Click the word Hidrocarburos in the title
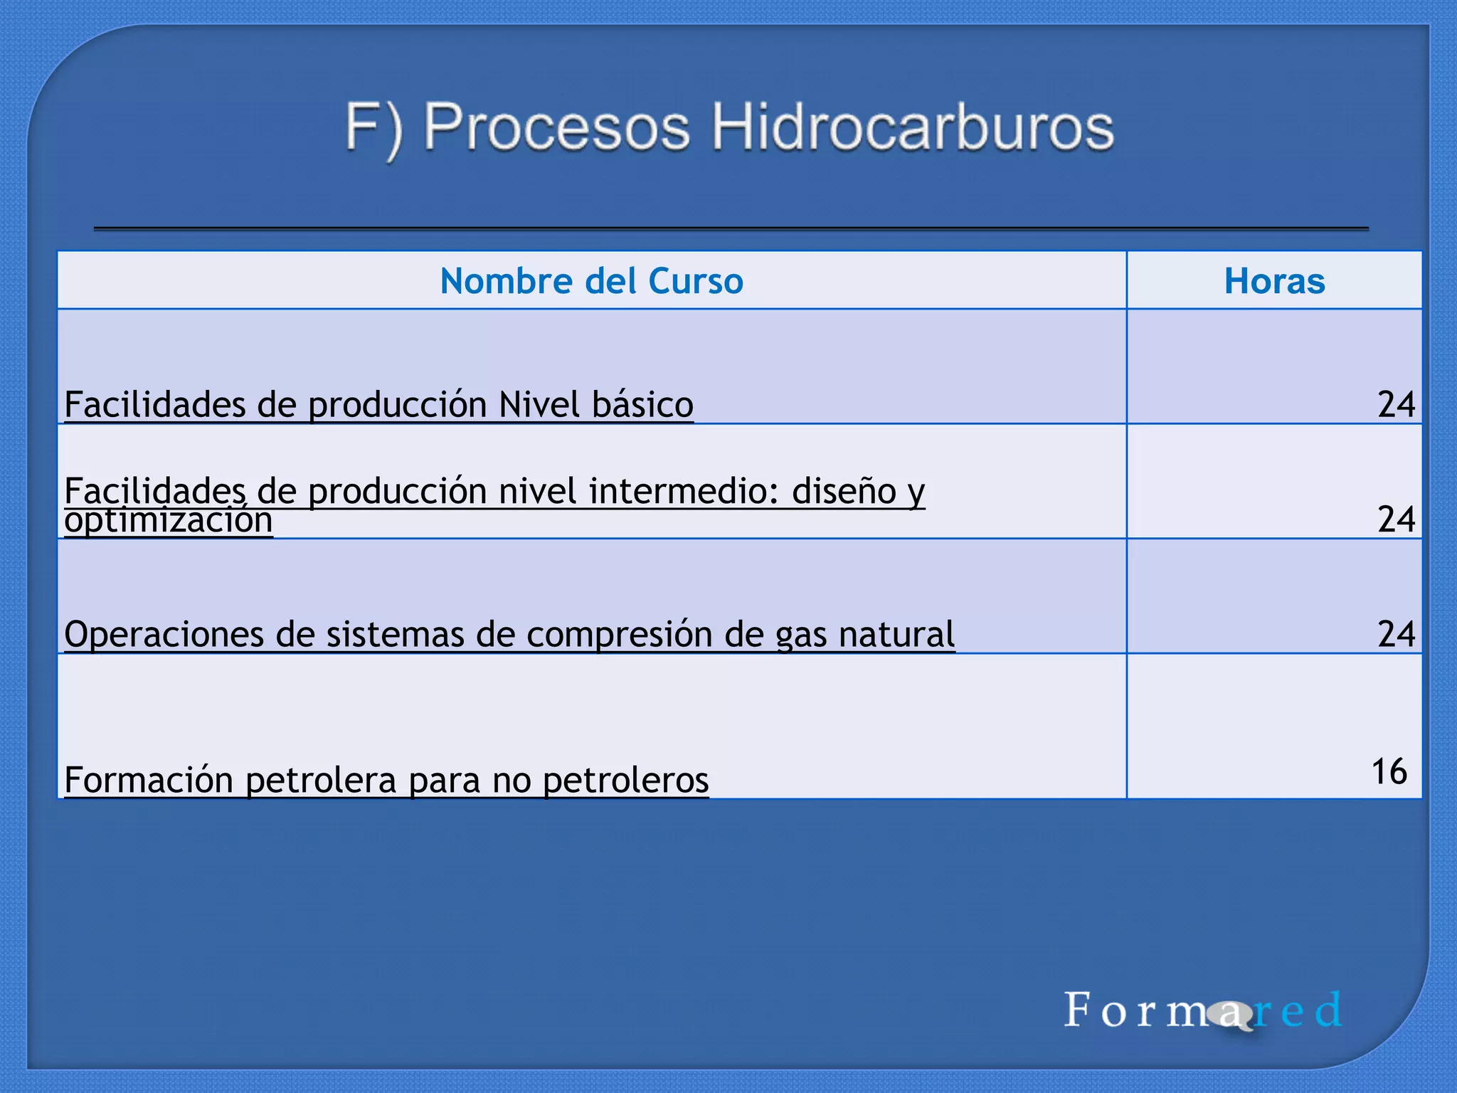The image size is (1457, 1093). pyautogui.click(x=913, y=128)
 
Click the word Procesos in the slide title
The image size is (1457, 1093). pyautogui.click(x=556, y=128)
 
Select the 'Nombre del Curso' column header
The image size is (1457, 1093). pyautogui.click(x=591, y=281)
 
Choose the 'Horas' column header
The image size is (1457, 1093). pyautogui.click(x=1274, y=281)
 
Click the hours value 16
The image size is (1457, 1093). pyautogui.click(x=1389, y=772)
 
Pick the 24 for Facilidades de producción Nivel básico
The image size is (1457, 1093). pyautogui.click(x=1396, y=404)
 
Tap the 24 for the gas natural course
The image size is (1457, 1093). pyautogui.click(x=1396, y=634)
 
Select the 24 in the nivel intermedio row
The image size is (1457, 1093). pyautogui.click(x=1396, y=519)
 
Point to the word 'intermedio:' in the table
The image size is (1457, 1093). pyautogui.click(x=684, y=491)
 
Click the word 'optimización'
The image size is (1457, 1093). pyautogui.click(x=169, y=521)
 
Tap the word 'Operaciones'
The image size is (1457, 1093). pyautogui.click(x=164, y=635)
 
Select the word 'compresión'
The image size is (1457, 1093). pyautogui.click(x=620, y=635)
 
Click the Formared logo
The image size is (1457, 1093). pyautogui.click(x=1202, y=1010)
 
